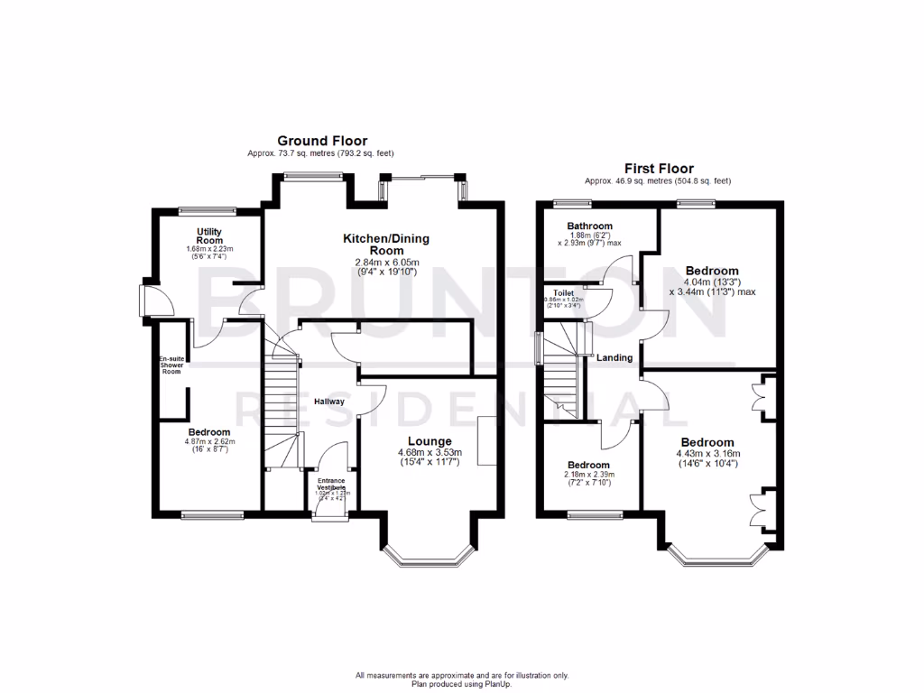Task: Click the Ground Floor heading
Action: point(321,141)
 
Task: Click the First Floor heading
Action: point(659,168)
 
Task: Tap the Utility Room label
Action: point(209,236)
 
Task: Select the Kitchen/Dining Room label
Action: point(385,245)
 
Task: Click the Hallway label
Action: point(329,402)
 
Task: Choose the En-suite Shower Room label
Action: point(172,365)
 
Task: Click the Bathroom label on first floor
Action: point(590,226)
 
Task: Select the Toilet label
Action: point(564,292)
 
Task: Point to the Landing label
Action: point(614,358)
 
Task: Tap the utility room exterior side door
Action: point(146,300)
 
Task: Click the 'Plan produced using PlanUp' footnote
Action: point(461,683)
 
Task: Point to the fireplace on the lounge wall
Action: point(488,441)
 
